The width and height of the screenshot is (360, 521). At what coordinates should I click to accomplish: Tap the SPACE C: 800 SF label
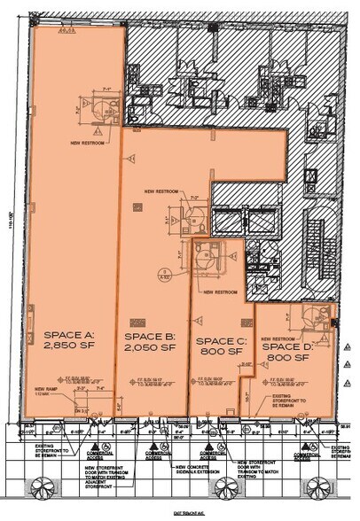[217, 346]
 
